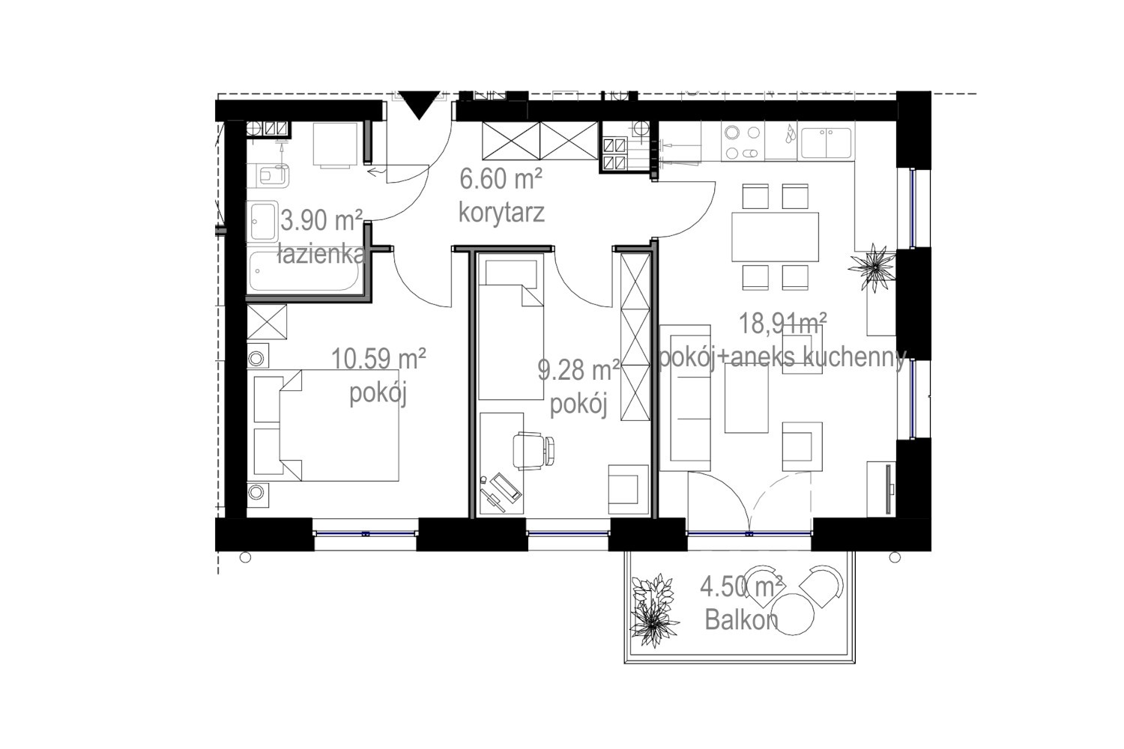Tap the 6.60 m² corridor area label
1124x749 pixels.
501,180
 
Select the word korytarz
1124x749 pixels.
501,213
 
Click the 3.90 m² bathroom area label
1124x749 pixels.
321,220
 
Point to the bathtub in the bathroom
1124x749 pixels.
304,271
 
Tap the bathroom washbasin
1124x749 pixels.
262,222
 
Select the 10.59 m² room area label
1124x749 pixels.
379,359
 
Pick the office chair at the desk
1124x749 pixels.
534,451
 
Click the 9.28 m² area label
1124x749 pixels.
578,370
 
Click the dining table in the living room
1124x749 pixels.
775,237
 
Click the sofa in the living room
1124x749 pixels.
685,398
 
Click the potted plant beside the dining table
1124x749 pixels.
874,267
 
